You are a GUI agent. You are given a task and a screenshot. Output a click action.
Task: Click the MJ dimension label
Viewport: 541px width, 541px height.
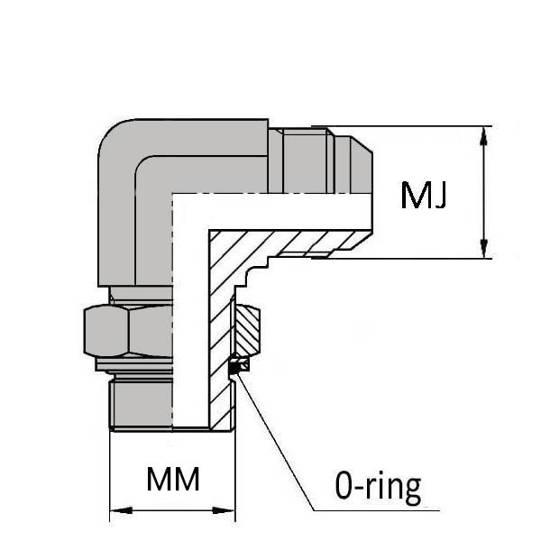point(425,195)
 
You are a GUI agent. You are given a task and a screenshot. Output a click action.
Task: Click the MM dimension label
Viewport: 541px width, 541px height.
point(173,479)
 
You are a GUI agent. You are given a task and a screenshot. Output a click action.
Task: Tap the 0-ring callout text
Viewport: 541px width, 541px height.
point(378,488)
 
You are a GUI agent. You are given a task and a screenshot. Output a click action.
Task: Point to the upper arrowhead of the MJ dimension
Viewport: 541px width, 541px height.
point(484,138)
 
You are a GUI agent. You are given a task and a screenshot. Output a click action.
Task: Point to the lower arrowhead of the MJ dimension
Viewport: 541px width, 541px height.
point(484,247)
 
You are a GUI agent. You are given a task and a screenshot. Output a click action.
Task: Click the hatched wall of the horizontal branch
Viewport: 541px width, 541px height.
point(298,242)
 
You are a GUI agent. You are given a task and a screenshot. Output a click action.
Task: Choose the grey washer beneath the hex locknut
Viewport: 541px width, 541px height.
point(135,364)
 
